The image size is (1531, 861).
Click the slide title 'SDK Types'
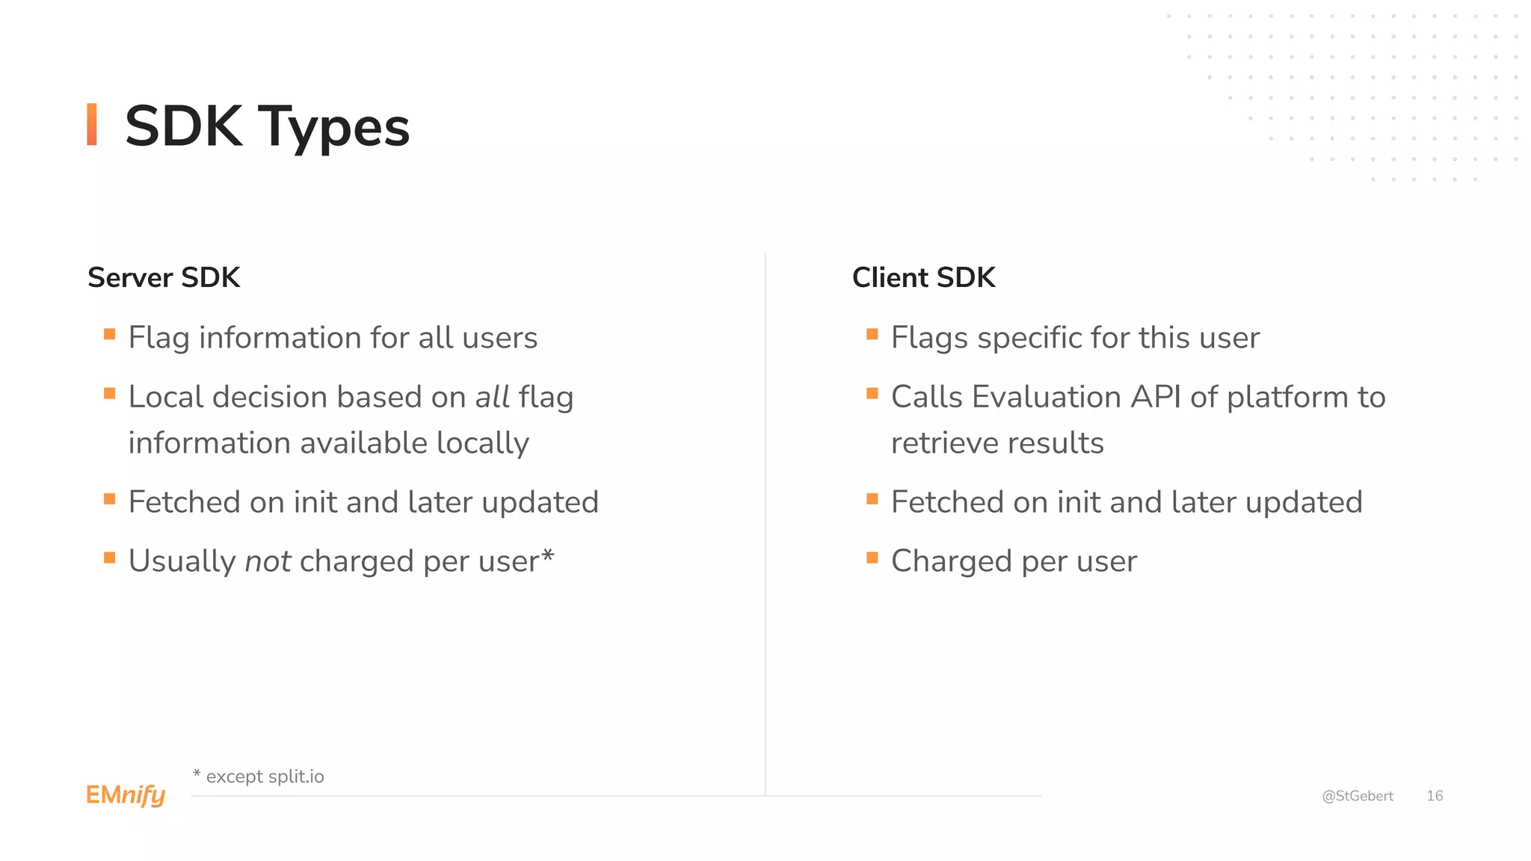(x=267, y=126)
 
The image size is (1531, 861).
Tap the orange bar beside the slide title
(x=92, y=124)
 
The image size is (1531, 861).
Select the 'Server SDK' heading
(x=164, y=277)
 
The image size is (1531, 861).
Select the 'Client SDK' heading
(x=923, y=277)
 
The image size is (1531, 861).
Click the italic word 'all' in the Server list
(x=493, y=397)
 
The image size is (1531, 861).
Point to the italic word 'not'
(x=268, y=561)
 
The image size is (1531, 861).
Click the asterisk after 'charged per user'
(x=548, y=555)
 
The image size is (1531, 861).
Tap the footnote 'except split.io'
(x=265, y=777)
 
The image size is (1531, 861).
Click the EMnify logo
(x=126, y=795)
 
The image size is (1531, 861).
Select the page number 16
(x=1435, y=796)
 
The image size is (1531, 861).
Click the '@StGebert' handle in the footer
(x=1358, y=796)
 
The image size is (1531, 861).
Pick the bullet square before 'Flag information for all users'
(x=110, y=334)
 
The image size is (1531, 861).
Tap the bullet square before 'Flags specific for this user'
(x=872, y=334)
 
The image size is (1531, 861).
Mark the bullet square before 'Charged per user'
(x=872, y=558)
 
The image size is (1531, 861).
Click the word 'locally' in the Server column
(x=482, y=443)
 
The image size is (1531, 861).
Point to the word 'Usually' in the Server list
(x=182, y=561)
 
